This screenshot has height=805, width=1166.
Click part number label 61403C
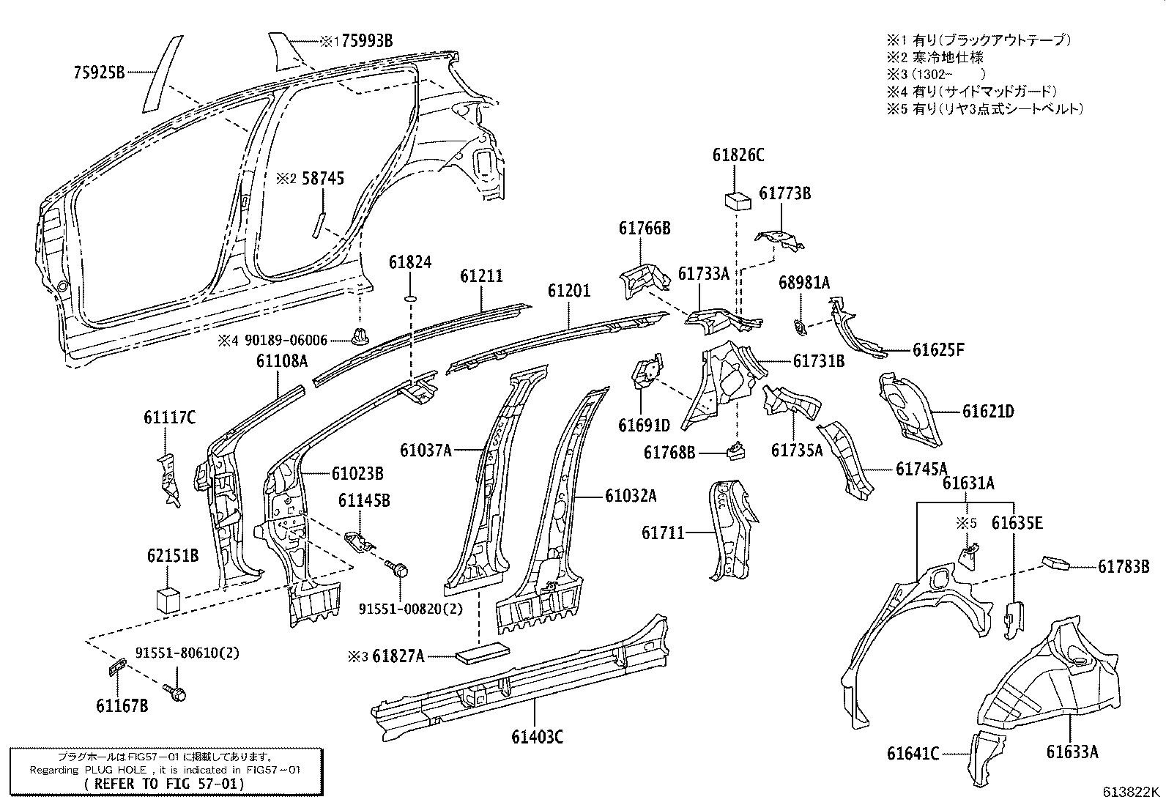(538, 736)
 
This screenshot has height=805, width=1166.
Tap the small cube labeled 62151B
(168, 598)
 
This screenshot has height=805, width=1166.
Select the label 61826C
(738, 155)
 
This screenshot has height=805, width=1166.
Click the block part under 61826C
(736, 201)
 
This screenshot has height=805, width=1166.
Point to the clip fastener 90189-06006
(360, 336)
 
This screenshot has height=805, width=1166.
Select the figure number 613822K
(1132, 792)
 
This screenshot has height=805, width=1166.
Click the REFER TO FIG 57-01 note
(166, 783)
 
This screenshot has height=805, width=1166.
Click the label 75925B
(100, 72)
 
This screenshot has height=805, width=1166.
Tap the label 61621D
(988, 412)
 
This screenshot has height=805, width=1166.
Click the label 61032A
(631, 496)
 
